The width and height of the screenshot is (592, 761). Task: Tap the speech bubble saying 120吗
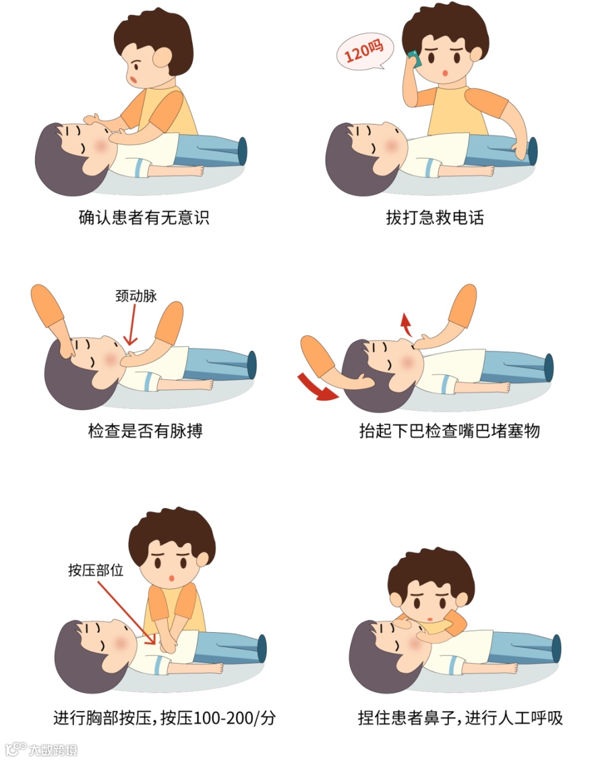365,52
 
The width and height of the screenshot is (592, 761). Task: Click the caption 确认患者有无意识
144,217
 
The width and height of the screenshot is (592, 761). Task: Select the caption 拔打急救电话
435,217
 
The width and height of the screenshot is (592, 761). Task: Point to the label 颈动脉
136,296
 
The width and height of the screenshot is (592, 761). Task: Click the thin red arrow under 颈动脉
131,325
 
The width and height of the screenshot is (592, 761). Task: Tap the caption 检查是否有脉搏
146,430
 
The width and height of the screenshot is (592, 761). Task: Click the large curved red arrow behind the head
316,389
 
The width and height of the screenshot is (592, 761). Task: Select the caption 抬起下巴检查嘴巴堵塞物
450,430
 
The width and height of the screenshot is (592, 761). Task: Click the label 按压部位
96,570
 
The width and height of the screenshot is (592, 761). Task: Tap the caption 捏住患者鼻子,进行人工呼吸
460,718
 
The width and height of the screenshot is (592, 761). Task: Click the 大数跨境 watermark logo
41,749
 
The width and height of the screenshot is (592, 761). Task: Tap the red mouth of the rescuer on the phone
445,73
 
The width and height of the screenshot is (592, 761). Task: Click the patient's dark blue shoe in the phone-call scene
532,151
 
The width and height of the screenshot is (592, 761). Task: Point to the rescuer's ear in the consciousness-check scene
162,57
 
